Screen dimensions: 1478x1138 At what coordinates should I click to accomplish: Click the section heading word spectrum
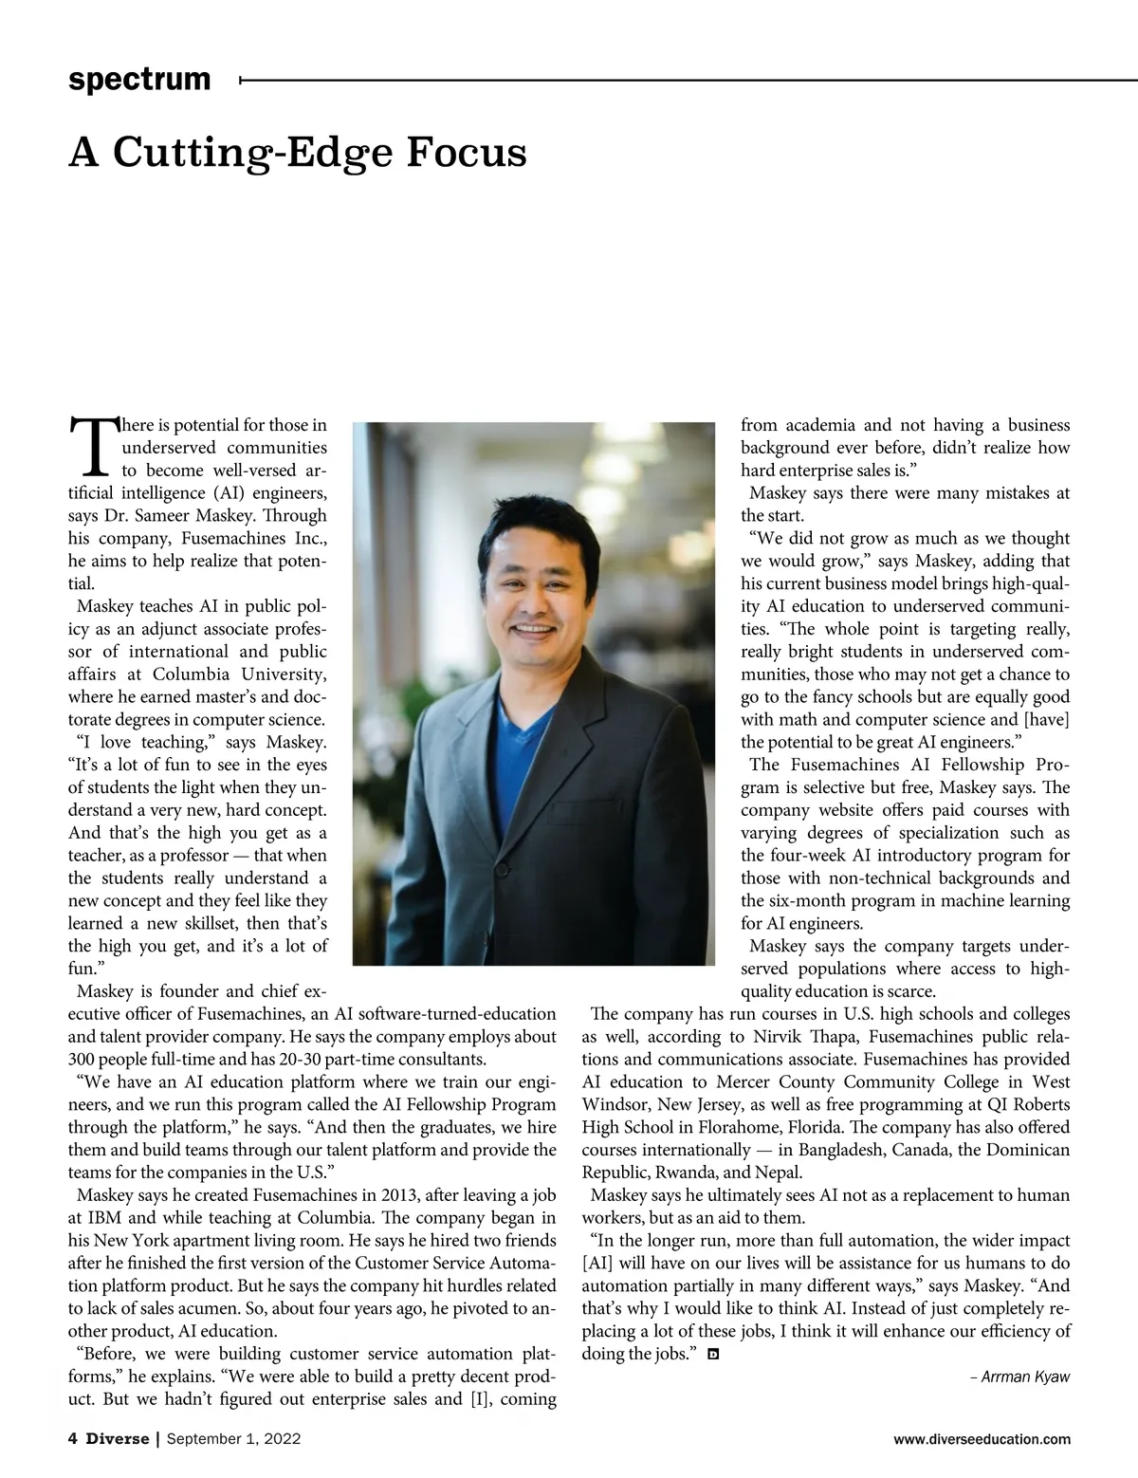pos(139,80)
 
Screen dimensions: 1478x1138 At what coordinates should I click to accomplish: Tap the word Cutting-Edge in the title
pos(254,153)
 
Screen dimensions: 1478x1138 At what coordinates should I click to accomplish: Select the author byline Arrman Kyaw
pos(1024,1376)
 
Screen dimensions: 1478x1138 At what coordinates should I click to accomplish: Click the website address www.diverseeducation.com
pos(982,1439)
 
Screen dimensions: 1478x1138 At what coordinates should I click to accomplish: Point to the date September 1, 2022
pos(233,1439)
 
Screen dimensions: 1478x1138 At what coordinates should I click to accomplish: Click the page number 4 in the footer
pos(73,1439)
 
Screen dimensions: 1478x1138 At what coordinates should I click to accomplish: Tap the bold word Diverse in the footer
pos(118,1439)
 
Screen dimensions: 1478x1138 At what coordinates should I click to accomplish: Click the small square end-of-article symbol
pos(713,1355)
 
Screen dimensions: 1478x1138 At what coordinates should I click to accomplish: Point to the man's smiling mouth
pos(530,629)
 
